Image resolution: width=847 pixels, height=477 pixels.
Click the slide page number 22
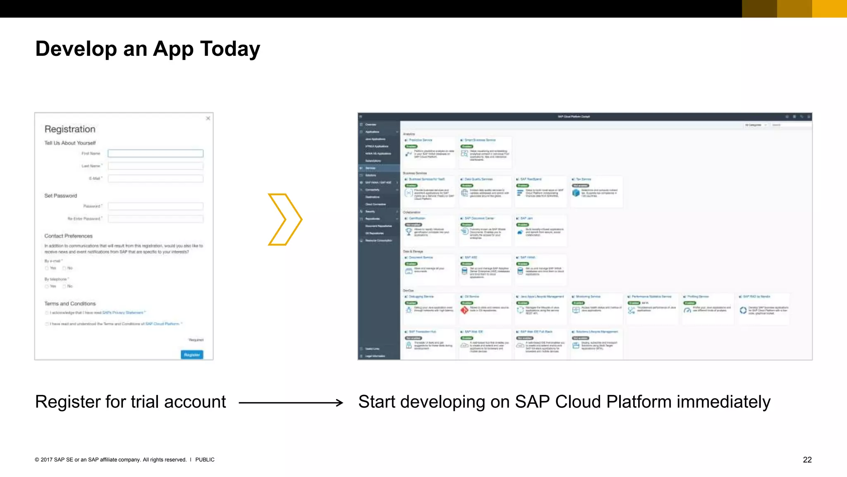(807, 460)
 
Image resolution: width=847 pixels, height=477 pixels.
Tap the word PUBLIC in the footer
(205, 460)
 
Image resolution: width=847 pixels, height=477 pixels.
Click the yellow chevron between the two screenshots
(285, 219)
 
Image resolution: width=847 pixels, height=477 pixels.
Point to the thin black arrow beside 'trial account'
(291, 402)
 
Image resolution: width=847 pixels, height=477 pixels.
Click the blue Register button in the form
(192, 355)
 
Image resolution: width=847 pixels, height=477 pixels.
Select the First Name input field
(156, 154)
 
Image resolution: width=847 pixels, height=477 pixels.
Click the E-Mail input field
(156, 178)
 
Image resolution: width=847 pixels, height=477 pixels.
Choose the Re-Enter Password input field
(156, 219)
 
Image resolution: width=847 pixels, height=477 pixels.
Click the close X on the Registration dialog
(208, 118)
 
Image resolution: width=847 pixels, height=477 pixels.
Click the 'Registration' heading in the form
(70, 129)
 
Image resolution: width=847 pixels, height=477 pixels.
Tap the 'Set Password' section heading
(61, 196)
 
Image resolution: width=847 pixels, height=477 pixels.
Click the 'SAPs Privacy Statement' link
(123, 313)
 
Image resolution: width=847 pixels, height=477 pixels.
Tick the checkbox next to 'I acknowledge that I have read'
(47, 313)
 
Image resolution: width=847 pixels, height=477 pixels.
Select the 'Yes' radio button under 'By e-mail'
(47, 268)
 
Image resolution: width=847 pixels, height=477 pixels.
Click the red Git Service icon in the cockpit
(464, 310)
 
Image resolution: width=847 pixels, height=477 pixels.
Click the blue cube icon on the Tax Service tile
(576, 193)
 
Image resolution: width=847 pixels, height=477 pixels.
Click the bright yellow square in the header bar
(829, 9)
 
